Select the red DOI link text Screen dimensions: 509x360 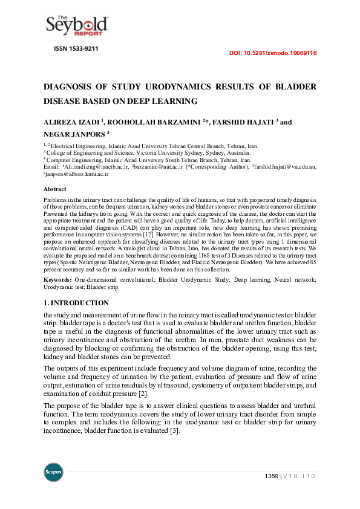[273, 53]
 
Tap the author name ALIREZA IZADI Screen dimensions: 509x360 [72, 122]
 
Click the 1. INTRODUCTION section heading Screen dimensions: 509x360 [76, 302]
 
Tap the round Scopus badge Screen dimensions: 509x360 [53, 472]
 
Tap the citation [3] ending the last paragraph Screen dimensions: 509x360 [174, 430]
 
